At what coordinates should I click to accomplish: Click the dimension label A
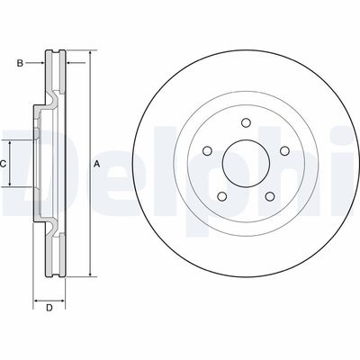[96, 164]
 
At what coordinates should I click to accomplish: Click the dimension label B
[20, 63]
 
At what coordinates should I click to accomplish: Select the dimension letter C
[3, 164]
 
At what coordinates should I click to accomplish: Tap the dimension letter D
[49, 308]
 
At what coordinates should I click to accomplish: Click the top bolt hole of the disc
[246, 123]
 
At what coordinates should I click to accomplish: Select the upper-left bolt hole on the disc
[208, 151]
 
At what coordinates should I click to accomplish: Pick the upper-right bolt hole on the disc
[284, 151]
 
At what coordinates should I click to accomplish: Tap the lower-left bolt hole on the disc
[222, 196]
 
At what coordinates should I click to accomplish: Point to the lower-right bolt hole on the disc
[270, 196]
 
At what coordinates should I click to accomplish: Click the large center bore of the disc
[246, 164]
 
